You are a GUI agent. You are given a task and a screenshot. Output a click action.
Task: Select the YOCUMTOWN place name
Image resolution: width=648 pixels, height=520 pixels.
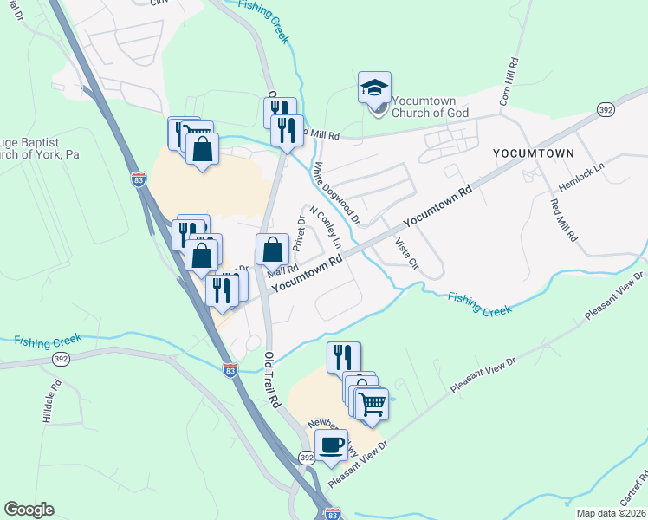533,153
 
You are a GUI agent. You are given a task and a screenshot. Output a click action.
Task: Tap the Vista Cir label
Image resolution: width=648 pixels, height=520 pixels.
406,252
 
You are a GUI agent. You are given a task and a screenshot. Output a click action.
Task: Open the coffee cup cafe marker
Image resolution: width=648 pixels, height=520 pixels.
331,445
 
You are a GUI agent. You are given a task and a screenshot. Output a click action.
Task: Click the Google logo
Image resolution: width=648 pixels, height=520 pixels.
29,510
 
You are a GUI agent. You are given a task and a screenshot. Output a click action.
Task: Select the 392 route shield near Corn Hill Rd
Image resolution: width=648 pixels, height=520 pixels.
606,108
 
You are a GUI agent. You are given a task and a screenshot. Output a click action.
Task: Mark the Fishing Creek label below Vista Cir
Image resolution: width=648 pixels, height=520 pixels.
479,304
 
